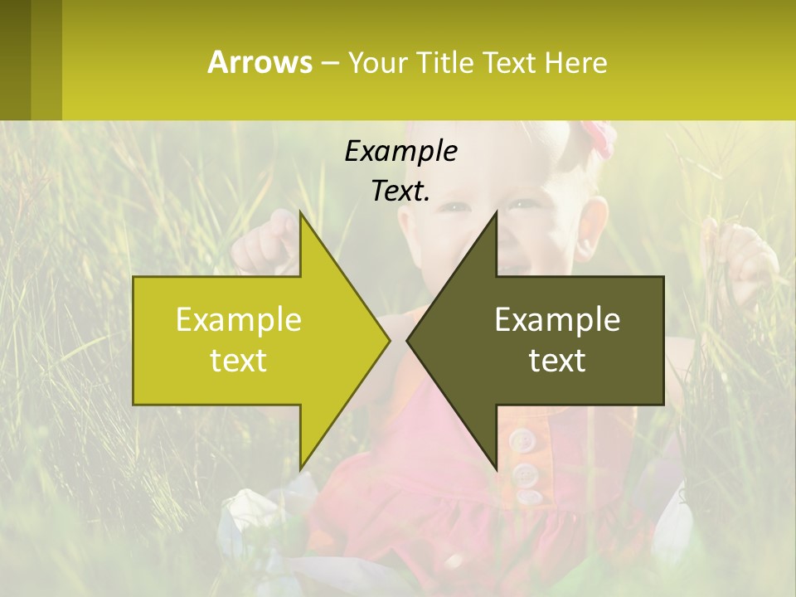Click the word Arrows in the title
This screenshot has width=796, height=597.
pyautogui.click(x=260, y=62)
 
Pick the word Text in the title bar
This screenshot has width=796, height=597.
pyautogui.click(x=510, y=63)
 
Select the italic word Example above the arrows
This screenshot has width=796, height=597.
pyautogui.click(x=400, y=151)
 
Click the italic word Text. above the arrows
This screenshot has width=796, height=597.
pyautogui.click(x=400, y=191)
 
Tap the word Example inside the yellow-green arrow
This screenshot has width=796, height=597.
pyautogui.click(x=239, y=319)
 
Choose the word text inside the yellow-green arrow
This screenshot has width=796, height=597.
pyautogui.click(x=239, y=361)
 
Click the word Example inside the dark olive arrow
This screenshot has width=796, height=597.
pyautogui.click(x=557, y=319)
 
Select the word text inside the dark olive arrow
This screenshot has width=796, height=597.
pyautogui.click(x=557, y=361)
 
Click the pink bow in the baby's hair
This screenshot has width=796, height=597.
pyautogui.click(x=597, y=137)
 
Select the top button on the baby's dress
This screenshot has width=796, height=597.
pyautogui.click(x=521, y=439)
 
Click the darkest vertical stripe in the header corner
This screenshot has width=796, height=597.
pyautogui.click(x=15, y=60)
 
